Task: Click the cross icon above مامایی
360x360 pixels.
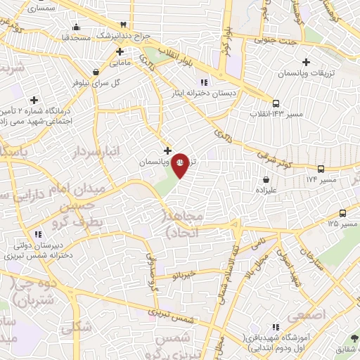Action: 120,52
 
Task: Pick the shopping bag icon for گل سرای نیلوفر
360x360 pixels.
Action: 96,72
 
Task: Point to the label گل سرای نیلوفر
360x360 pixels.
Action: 96,82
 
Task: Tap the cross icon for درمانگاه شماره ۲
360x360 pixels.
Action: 34,99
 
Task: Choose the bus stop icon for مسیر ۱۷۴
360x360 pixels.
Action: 321,169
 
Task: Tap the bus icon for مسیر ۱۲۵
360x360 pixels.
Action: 342,213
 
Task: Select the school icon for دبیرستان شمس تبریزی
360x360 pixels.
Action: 37,234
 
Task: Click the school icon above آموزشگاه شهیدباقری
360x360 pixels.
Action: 276,327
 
